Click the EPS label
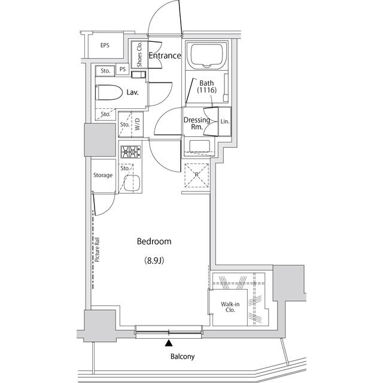pos(105,45)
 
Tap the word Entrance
pos(165,56)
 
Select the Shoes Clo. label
pos(139,54)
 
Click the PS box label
pos(123,69)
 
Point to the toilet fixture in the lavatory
pos(108,92)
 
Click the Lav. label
pos(133,92)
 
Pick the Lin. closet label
pos(224,121)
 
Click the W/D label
pos(137,125)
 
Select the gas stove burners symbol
pos(130,153)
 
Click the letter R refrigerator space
pos(196,174)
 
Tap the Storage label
pos(102,175)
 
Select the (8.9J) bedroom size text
pos(154,260)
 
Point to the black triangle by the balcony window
pos(169,344)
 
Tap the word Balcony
pos(183,357)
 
